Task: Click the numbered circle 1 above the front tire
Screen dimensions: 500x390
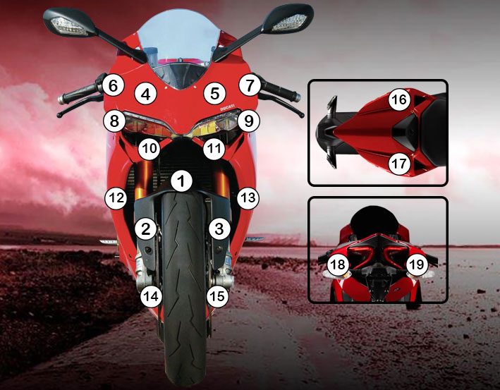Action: coord(181,181)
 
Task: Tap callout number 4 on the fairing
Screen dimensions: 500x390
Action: coord(146,94)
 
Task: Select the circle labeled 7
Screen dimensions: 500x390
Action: coord(250,85)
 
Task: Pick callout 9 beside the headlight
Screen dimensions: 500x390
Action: coord(249,121)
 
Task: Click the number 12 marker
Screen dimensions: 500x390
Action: coord(116,198)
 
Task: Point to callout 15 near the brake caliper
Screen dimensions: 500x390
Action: coord(218,296)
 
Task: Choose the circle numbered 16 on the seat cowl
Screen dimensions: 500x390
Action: coord(399,99)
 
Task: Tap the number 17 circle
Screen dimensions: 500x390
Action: coord(399,164)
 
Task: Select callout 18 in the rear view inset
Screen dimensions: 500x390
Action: coord(338,264)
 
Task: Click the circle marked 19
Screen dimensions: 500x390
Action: coord(417,264)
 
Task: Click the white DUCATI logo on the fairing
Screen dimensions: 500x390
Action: coord(227,107)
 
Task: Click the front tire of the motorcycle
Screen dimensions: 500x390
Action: coord(183,287)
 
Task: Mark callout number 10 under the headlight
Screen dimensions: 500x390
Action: coord(149,149)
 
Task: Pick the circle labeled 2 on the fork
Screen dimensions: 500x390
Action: coord(146,228)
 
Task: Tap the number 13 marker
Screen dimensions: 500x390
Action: coord(248,198)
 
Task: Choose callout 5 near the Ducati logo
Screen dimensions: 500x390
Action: coord(214,93)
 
